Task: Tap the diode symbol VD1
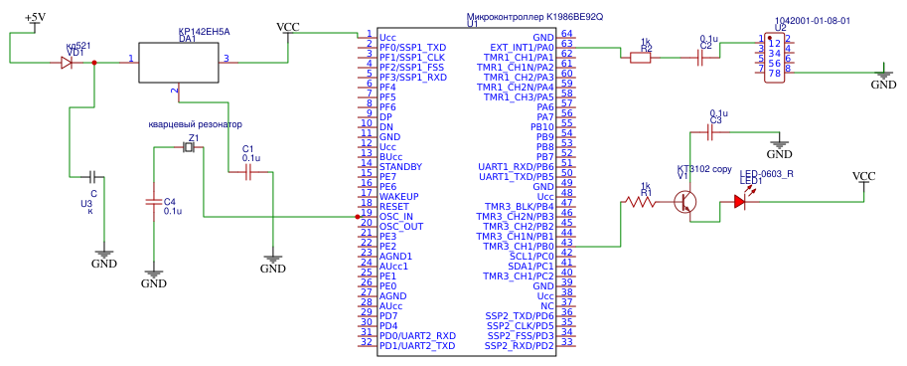(66, 62)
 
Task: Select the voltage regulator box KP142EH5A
(178, 63)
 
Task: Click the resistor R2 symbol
(642, 58)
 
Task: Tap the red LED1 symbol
(740, 201)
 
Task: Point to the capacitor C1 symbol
(250, 171)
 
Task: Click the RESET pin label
(394, 206)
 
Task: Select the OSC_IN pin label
(396, 216)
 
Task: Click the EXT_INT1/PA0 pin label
(522, 47)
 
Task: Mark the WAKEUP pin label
(399, 196)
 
